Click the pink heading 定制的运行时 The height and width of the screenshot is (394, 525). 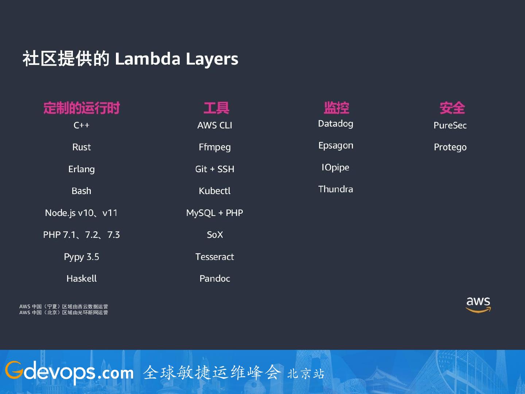[82, 108]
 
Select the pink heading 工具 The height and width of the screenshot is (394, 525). [216, 108]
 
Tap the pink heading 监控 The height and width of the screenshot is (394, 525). [336, 108]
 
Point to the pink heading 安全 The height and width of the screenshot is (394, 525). [452, 108]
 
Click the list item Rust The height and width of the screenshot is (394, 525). [82, 147]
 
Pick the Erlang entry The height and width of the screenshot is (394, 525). [82, 169]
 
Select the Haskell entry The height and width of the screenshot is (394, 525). [82, 279]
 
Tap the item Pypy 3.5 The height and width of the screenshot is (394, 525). [82, 257]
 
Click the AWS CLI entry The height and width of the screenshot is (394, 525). [215, 125]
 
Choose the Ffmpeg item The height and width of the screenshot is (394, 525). [215, 147]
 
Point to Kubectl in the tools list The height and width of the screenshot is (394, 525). [215, 191]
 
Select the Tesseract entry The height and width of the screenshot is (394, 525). [215, 257]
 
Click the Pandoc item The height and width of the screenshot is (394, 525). [215, 279]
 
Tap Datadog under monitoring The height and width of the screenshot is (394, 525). [335, 124]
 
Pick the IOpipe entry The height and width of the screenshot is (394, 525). [335, 167]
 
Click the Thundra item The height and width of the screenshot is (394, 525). [335, 189]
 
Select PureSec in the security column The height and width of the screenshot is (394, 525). [450, 125]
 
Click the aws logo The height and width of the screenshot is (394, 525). [478, 304]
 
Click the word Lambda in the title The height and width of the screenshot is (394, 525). [148, 59]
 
